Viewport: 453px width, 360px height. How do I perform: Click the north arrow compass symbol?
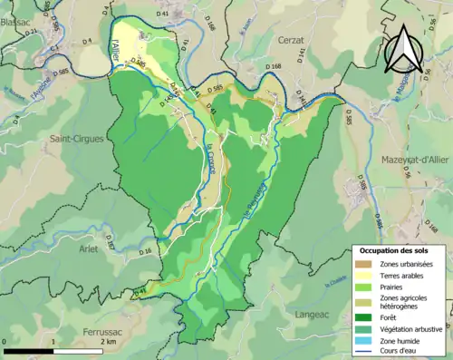[x=405, y=46]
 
